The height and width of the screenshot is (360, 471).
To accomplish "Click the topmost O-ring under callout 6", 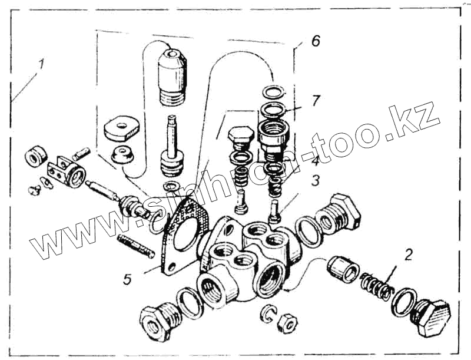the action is (273, 91).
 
